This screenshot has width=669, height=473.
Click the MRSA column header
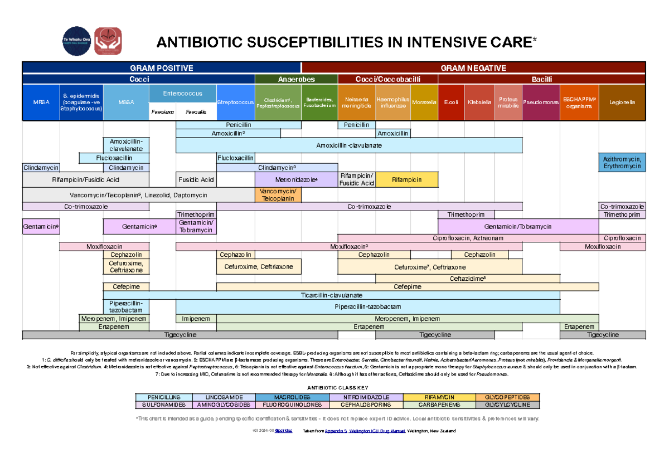click(40, 103)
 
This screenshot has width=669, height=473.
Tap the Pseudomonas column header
click(541, 103)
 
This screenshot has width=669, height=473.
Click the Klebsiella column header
click(479, 103)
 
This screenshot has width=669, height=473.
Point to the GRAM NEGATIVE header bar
click(473, 68)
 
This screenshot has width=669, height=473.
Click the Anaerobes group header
click(296, 79)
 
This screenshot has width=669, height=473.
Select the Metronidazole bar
click(296, 180)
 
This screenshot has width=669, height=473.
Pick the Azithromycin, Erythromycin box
click(622, 163)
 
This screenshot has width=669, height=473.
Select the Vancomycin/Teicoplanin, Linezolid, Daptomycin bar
click(138, 195)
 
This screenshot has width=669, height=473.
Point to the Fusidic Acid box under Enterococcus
click(196, 180)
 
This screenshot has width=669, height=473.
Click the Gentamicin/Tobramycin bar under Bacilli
click(518, 227)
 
